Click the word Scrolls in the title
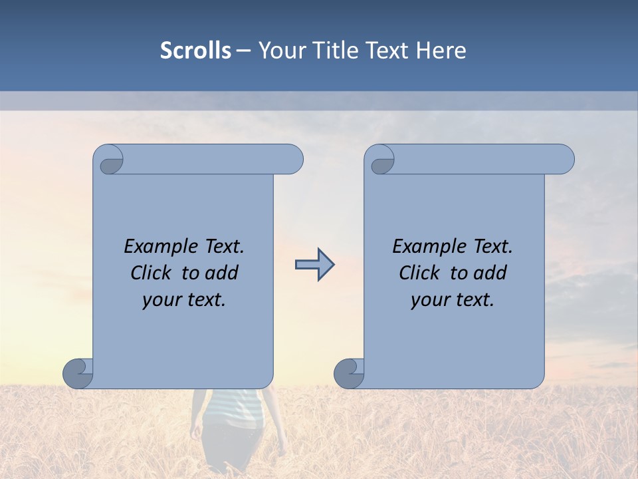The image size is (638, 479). [195, 51]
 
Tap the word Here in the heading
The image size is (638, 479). [441, 51]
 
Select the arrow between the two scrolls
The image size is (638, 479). [314, 265]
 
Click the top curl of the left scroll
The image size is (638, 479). [110, 160]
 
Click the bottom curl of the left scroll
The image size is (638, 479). [78, 373]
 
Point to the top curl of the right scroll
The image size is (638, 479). [381, 160]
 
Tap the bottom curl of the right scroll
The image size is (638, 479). [349, 373]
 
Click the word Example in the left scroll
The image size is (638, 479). [159, 247]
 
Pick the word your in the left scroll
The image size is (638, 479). [160, 300]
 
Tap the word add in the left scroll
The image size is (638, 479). [222, 273]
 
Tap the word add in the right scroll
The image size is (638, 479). [490, 273]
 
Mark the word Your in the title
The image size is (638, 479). [279, 51]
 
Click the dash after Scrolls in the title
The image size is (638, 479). [243, 51]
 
